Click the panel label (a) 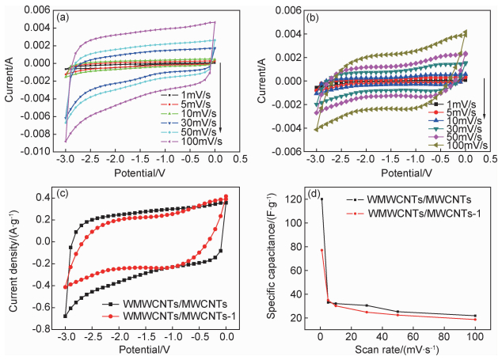pyautogui.click(x=60, y=14)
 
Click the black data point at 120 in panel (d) pyautogui.click(x=321, y=199)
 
